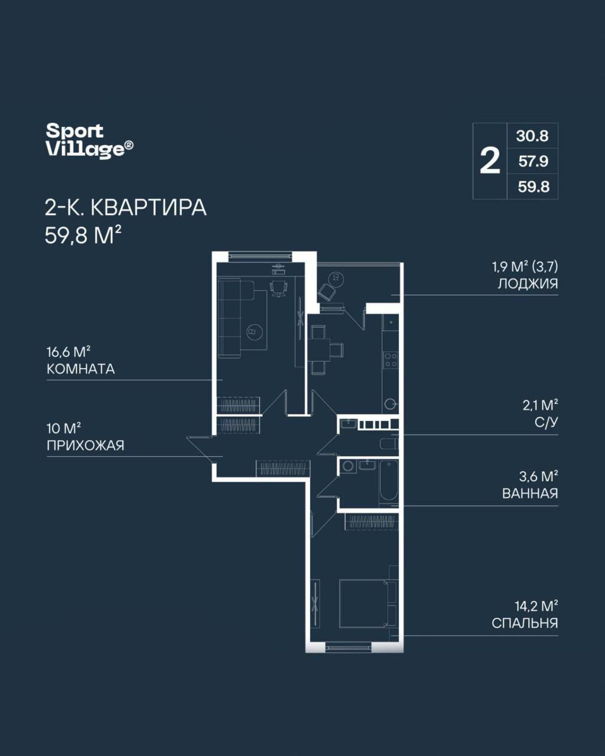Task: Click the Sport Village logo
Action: pyautogui.click(x=89, y=140)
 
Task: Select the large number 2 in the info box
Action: pyautogui.click(x=490, y=161)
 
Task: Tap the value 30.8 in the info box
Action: pyautogui.click(x=532, y=136)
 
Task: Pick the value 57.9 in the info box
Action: pyautogui.click(x=534, y=161)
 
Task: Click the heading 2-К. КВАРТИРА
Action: pyautogui.click(x=125, y=208)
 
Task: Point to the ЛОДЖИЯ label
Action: pyautogui.click(x=528, y=283)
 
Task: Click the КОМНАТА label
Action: pyautogui.click(x=80, y=369)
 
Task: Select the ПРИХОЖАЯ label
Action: pyautogui.click(x=86, y=446)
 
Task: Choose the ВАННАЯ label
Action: pyautogui.click(x=530, y=494)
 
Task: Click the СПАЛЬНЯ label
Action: pyautogui.click(x=525, y=623)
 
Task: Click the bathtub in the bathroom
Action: pyautogui.click(x=389, y=483)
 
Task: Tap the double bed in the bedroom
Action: pyautogui.click(x=367, y=604)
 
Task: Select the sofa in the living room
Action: pyautogui.click(x=229, y=318)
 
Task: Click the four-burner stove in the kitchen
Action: pyautogui.click(x=391, y=360)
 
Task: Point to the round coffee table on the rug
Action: pyautogui.click(x=255, y=331)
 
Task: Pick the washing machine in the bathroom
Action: pyautogui.click(x=348, y=467)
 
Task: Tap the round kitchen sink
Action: pyautogui.click(x=390, y=404)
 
